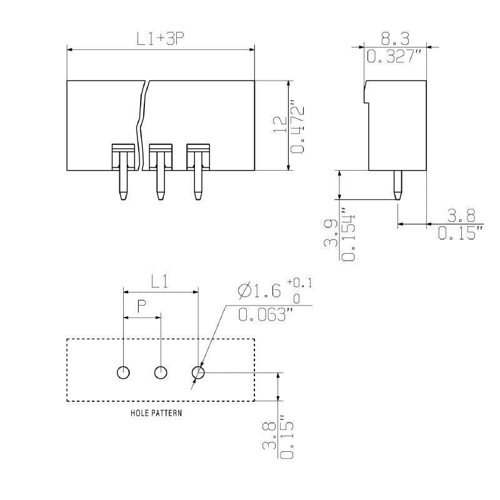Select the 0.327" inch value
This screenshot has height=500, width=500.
(x=394, y=57)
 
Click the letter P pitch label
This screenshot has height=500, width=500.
(x=142, y=306)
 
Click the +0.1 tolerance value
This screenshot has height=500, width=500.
(x=300, y=284)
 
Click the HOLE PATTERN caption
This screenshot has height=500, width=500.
(x=156, y=413)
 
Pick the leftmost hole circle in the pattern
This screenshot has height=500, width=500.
(x=124, y=373)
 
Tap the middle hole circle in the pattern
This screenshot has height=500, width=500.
(x=161, y=373)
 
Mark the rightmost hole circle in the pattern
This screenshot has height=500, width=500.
(x=199, y=373)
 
